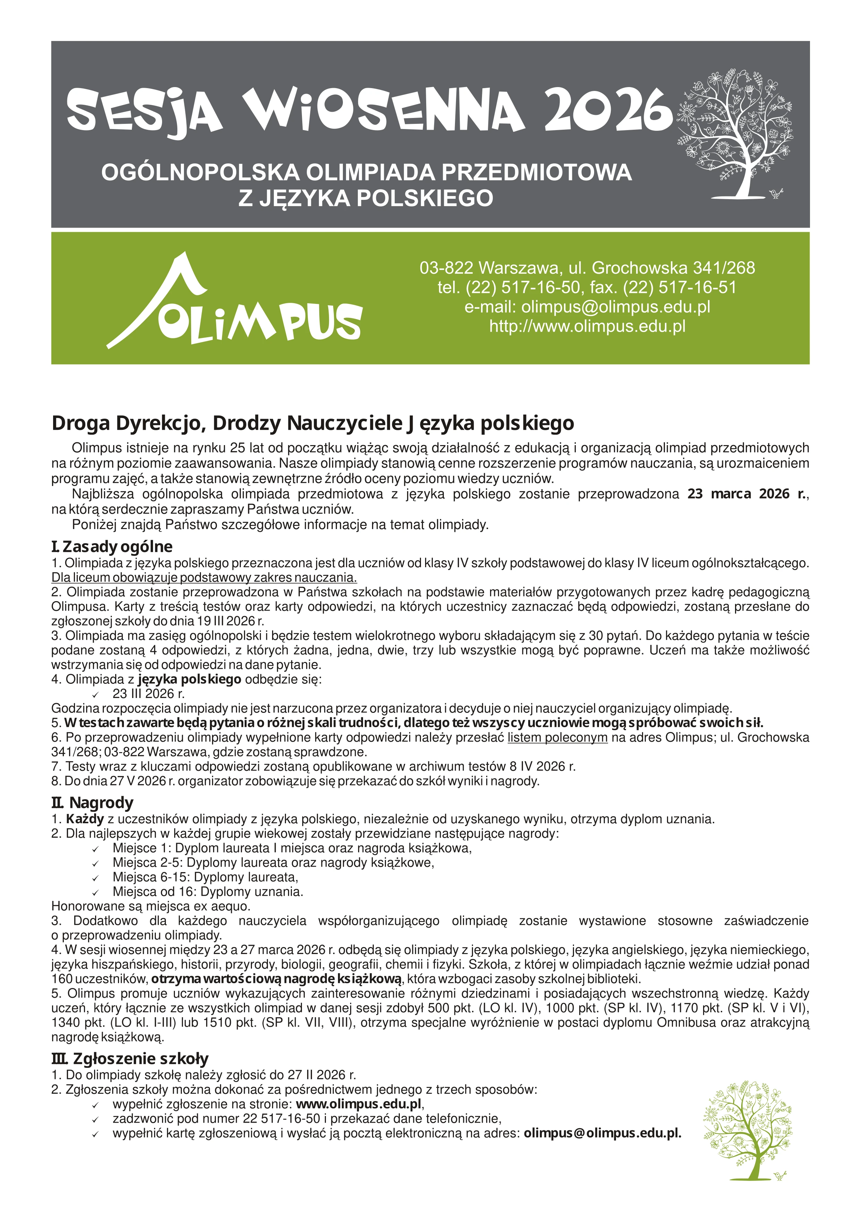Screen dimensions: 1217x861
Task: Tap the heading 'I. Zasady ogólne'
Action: pos(112,546)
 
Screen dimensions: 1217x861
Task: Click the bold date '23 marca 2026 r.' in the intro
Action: pos(747,494)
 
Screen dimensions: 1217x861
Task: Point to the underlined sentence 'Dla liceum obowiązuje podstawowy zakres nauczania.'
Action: pos(204,577)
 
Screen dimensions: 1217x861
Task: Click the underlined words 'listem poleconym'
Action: pos(557,737)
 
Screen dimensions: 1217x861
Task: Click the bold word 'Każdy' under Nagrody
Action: pos(85,819)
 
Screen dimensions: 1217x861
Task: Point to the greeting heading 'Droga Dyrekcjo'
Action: pos(313,423)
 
